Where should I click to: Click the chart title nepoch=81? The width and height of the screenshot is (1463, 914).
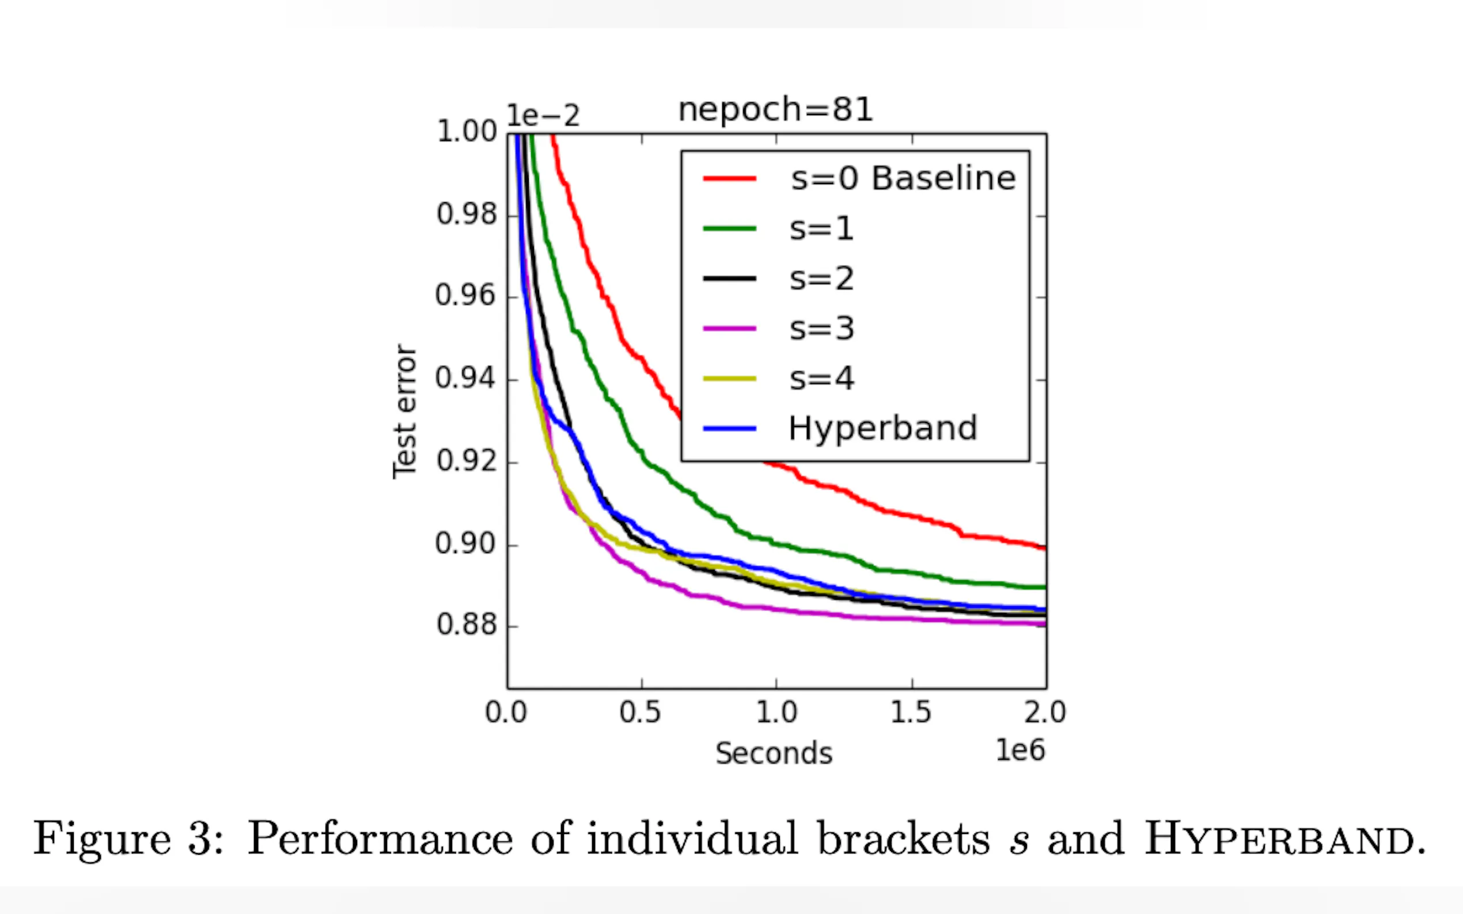(x=775, y=110)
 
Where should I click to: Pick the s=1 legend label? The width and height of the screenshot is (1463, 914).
(x=821, y=228)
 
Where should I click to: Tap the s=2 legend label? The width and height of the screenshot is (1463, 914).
(x=821, y=279)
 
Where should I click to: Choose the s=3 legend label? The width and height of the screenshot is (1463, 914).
(x=821, y=329)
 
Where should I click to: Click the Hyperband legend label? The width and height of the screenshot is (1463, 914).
(x=882, y=429)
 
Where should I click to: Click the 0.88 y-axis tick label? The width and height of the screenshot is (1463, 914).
(x=467, y=624)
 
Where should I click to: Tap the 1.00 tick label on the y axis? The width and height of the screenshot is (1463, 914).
(x=467, y=132)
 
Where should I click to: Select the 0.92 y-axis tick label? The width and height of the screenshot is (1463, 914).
(x=467, y=461)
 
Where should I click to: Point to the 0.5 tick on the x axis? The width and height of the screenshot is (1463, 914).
(x=640, y=713)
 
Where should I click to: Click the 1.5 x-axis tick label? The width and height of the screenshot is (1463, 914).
(x=911, y=713)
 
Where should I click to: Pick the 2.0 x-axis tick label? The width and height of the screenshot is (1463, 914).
(x=1044, y=713)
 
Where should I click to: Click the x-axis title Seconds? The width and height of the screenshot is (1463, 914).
(x=774, y=754)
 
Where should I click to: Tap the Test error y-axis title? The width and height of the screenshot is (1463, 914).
(x=404, y=412)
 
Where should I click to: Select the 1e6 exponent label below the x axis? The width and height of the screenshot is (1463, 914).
(x=1020, y=750)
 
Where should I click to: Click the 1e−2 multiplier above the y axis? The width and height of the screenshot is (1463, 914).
(x=543, y=116)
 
